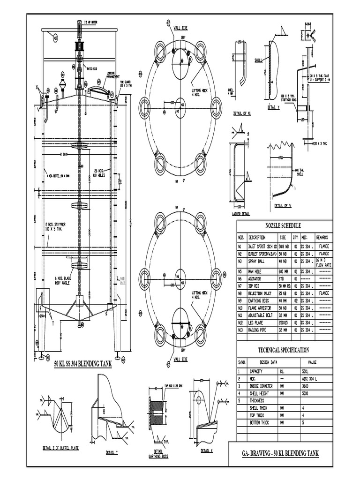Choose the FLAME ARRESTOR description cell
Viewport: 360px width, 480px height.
[261, 308]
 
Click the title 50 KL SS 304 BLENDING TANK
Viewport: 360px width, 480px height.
[82, 364]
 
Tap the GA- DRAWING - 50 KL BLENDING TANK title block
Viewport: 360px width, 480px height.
[280, 454]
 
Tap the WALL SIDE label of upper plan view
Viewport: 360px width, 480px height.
[181, 28]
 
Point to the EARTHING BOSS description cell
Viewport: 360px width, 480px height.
[260, 301]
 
